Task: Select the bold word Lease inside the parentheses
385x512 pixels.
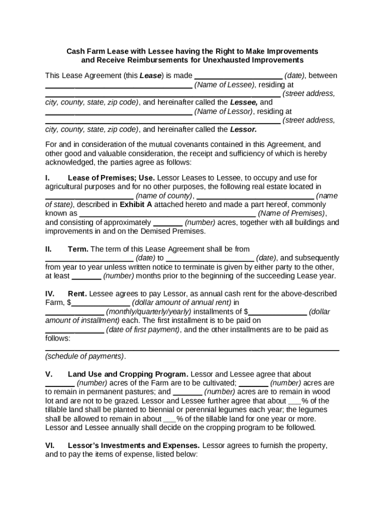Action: pyautogui.click(x=150, y=76)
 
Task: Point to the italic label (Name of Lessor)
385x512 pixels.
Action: pyautogui.click(x=224, y=111)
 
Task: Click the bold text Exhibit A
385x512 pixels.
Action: pyautogui.click(x=135, y=204)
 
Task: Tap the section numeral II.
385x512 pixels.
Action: pyautogui.click(x=48, y=249)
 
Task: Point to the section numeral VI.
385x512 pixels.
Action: pyautogui.click(x=49, y=445)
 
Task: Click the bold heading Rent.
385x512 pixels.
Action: pyautogui.click(x=77, y=293)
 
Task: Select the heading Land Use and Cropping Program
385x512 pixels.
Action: pyautogui.click(x=128, y=374)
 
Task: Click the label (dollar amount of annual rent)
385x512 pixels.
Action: pyautogui.click(x=181, y=302)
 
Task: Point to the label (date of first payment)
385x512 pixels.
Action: pyautogui.click(x=142, y=329)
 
